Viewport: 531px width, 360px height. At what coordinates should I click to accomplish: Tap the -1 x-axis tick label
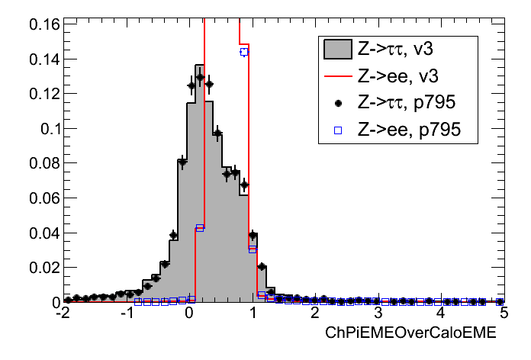[124, 313]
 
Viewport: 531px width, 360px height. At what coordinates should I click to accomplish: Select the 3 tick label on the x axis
[378, 313]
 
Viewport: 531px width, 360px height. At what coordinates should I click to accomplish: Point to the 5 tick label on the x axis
[503, 313]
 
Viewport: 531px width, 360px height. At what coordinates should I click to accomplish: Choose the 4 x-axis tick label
[441, 313]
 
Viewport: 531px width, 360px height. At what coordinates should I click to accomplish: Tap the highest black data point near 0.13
[200, 77]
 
